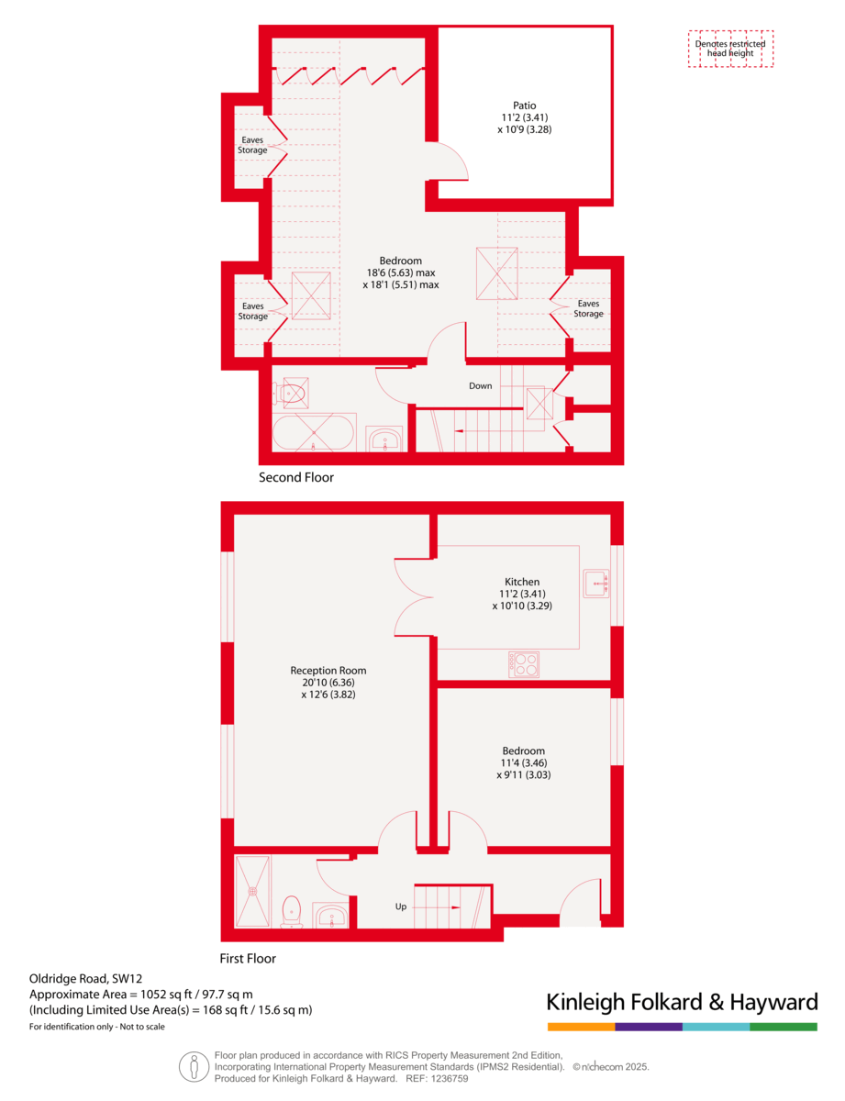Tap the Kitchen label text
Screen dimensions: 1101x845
click(x=522, y=582)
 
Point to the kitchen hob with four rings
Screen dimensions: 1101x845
click(x=524, y=664)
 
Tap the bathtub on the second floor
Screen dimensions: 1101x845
click(x=314, y=433)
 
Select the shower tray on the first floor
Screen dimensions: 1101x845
click(x=252, y=891)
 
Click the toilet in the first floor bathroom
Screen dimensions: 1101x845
click(x=292, y=910)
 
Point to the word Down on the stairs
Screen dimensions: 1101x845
click(x=481, y=386)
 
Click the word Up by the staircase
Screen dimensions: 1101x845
click(x=401, y=906)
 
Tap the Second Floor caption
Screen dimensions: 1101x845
click(x=296, y=478)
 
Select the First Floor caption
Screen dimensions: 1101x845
click(x=248, y=959)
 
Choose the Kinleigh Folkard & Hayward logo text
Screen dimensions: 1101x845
click(x=682, y=1001)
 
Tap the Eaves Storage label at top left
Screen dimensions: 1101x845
click(x=253, y=145)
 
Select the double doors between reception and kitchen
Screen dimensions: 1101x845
click(x=414, y=597)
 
